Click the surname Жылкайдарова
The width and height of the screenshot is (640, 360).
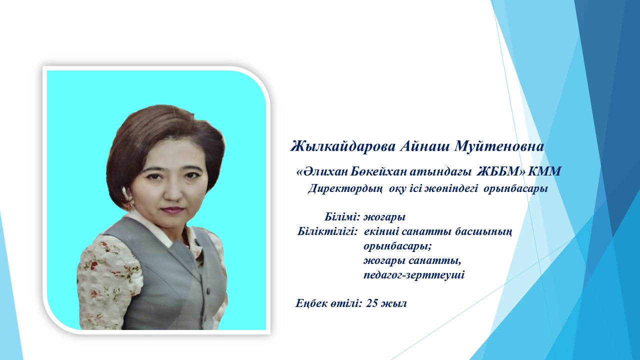coord(343,147)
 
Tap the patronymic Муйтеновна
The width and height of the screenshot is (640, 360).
coord(499,146)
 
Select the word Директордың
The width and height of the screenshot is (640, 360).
coord(345,189)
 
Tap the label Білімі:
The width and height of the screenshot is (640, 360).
coord(342,217)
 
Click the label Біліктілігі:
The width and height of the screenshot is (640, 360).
coord(327,231)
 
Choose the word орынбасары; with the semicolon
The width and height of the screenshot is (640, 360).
coord(397,246)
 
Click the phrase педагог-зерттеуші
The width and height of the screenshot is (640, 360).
coord(414,275)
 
